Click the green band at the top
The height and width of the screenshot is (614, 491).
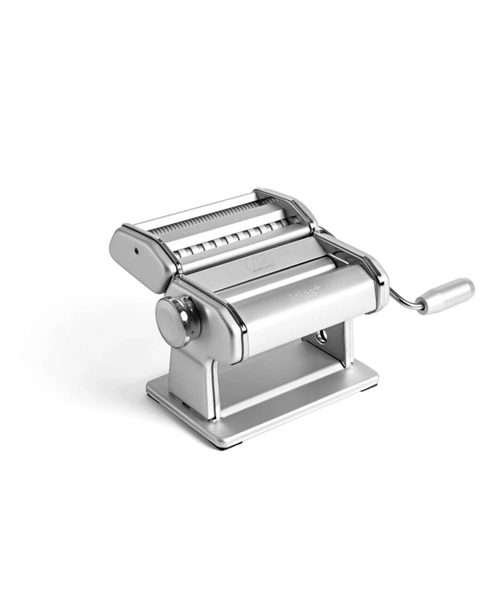click(245, 30)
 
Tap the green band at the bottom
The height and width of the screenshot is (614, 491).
click(245, 583)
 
